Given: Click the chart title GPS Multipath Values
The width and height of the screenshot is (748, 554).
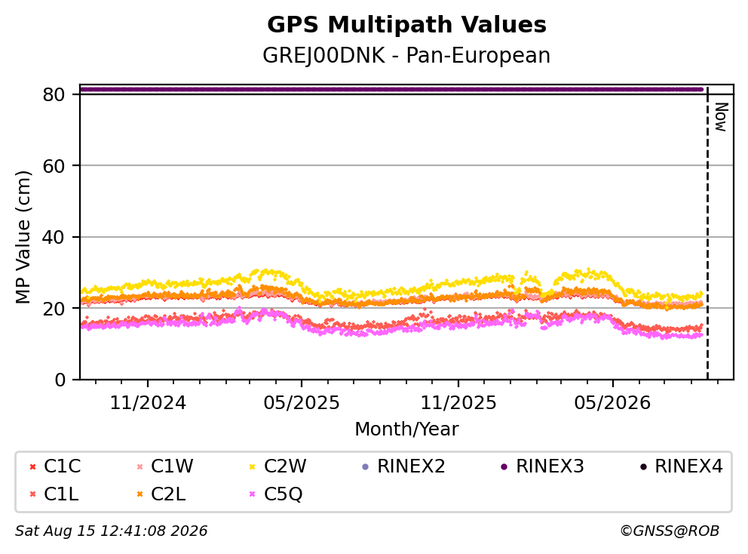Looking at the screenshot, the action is point(406,25).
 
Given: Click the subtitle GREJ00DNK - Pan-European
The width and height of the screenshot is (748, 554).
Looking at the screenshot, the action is point(406,56).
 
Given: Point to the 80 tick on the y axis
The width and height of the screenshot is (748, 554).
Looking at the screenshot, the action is point(54,94).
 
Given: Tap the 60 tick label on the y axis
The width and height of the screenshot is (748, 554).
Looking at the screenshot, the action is point(54,166).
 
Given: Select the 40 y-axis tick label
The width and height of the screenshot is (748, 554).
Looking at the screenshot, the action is point(54,237).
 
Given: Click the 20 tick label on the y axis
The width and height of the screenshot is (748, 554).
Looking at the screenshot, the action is point(54,309).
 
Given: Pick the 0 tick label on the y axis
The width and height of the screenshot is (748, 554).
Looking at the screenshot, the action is point(60,380).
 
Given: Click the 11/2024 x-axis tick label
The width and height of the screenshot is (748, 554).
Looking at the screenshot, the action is point(148,403).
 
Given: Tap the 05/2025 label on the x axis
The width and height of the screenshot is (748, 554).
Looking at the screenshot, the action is point(302,403).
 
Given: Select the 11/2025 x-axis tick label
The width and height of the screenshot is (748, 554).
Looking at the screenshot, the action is point(458,403).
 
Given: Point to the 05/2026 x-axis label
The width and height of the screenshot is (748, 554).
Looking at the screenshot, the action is point(612,403).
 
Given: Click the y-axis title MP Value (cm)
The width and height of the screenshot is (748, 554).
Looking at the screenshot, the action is point(23,237).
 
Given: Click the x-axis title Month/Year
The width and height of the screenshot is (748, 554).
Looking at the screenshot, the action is point(406,429).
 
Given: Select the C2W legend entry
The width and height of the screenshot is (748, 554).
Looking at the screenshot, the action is point(278,466).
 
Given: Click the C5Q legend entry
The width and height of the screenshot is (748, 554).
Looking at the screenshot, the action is point(276,494).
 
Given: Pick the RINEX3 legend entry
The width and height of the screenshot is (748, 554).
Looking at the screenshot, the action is point(542,466).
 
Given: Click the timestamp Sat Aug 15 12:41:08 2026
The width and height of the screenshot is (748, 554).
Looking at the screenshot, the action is point(112,531).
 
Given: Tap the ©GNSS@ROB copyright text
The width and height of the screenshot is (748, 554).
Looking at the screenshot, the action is point(670,531).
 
